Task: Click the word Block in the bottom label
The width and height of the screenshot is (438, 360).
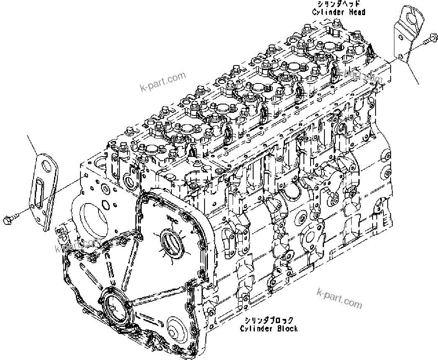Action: pyautogui.click(x=288, y=328)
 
